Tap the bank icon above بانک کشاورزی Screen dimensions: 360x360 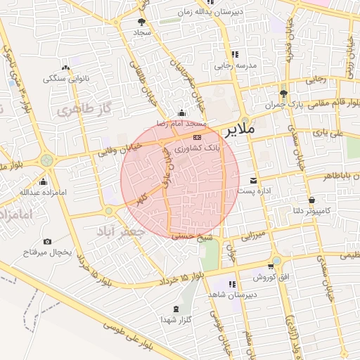tap(197, 139)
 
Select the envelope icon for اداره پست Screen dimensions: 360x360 tap(254, 181)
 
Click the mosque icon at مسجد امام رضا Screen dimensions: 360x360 tap(183, 113)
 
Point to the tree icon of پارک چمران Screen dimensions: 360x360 tap(283, 94)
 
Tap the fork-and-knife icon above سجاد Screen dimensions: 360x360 tap(144, 22)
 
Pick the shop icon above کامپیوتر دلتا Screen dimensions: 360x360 tap(311, 200)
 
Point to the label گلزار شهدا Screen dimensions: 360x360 tap(176, 321)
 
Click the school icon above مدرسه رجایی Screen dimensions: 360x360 tap(235, 54)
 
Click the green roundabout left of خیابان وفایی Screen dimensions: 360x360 tap(47, 160)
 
